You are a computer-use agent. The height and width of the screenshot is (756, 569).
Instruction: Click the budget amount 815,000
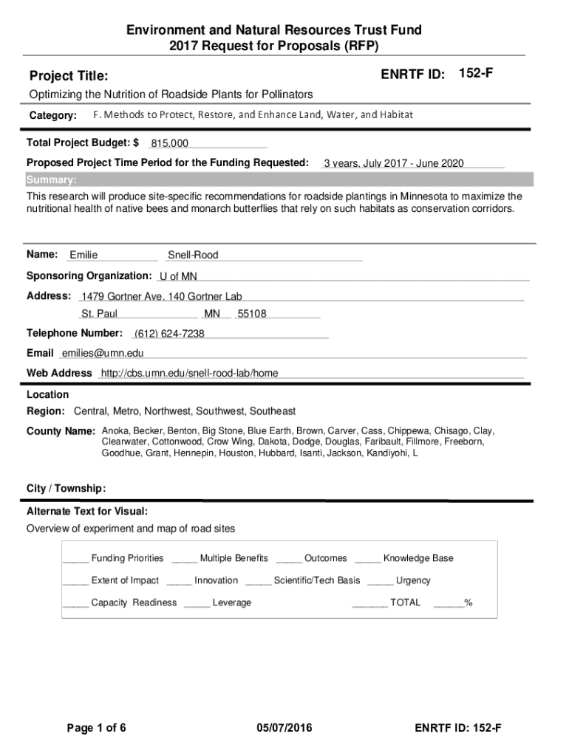pyautogui.click(x=169, y=143)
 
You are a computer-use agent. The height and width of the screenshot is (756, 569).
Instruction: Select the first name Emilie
pyautogui.click(x=84, y=255)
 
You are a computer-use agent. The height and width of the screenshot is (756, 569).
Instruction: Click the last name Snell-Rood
pyautogui.click(x=193, y=255)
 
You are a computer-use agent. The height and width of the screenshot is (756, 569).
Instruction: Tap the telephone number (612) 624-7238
pyautogui.click(x=169, y=334)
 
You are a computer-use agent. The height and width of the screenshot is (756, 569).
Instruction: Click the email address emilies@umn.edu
pyautogui.click(x=103, y=354)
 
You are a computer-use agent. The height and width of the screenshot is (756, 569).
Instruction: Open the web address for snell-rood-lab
pyautogui.click(x=189, y=374)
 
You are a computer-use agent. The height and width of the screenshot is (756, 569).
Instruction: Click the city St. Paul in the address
pyautogui.click(x=99, y=314)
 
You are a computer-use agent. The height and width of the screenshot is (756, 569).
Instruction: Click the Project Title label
pyautogui.click(x=69, y=76)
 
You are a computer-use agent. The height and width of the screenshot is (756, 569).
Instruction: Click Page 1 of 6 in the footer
pyautogui.click(x=97, y=729)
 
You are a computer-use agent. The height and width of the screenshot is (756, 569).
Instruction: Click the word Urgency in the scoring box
pyautogui.click(x=413, y=580)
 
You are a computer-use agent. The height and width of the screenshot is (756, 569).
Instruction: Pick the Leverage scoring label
pyautogui.click(x=231, y=602)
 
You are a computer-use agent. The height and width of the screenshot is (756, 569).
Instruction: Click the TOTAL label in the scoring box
pyautogui.click(x=405, y=602)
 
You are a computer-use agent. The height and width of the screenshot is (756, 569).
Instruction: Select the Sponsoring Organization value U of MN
pyautogui.click(x=178, y=276)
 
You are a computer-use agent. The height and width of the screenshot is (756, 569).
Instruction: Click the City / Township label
pyautogui.click(x=67, y=488)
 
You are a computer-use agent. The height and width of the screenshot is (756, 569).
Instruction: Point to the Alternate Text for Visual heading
pyautogui.click(x=87, y=511)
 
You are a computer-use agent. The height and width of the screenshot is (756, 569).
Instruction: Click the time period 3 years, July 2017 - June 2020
pyautogui.click(x=393, y=163)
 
